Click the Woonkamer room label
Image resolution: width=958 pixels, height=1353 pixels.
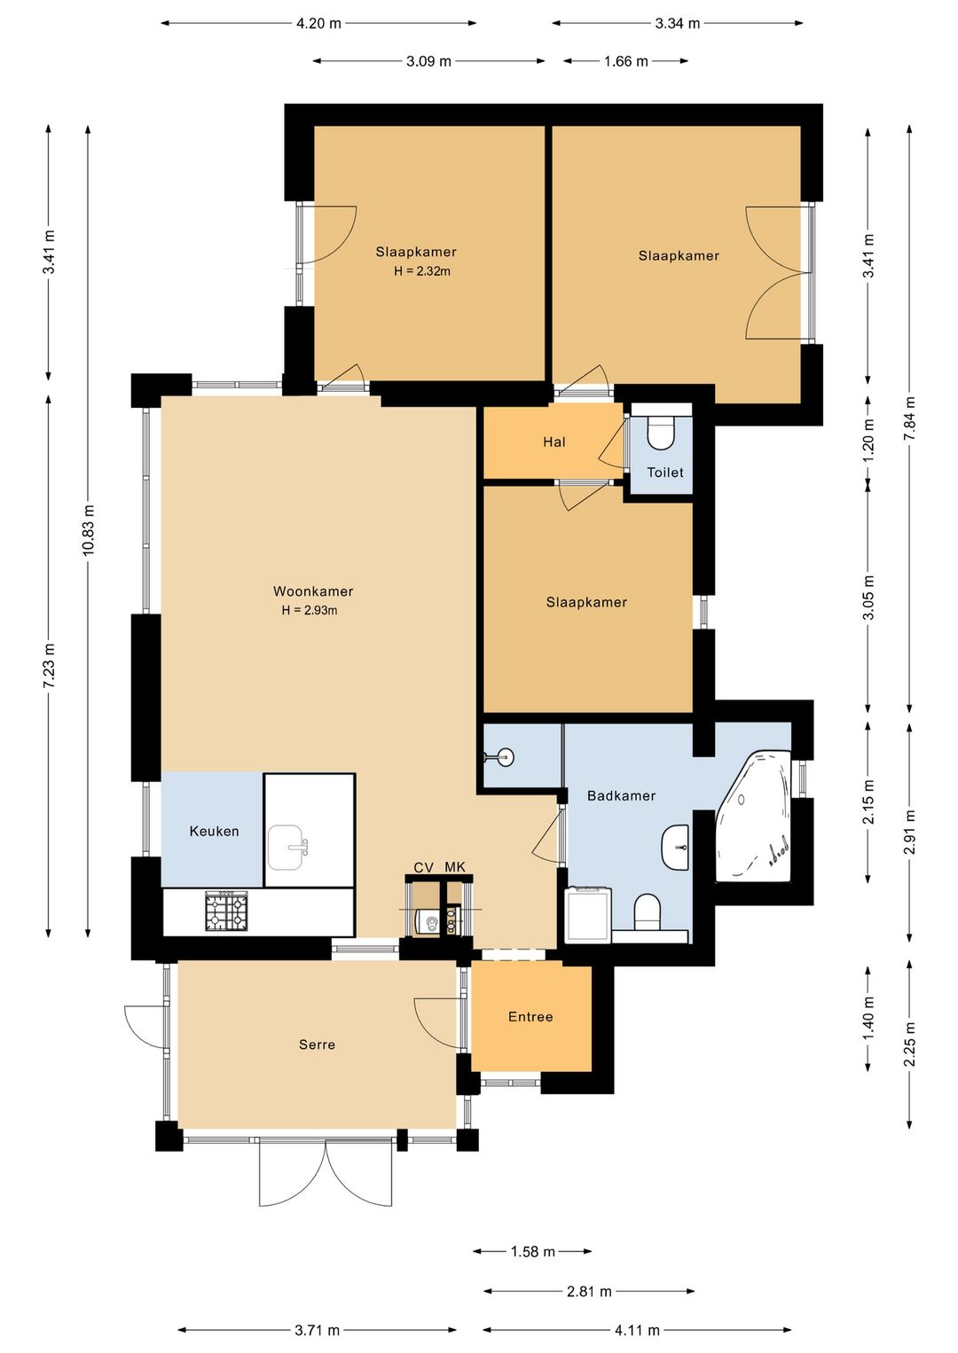tap(313, 591)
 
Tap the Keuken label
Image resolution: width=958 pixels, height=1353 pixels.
tap(214, 831)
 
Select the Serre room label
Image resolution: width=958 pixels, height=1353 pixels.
tap(317, 1044)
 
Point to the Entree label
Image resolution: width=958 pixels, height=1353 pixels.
tap(530, 1017)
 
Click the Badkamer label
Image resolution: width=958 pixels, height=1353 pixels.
tap(621, 795)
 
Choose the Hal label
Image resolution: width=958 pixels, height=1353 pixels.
tap(554, 442)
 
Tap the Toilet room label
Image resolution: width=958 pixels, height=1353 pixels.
tap(665, 472)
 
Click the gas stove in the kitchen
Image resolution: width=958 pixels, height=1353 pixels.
tap(227, 911)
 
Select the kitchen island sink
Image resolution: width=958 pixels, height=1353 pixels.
tap(287, 848)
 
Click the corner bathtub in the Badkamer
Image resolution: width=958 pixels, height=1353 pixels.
tap(753, 815)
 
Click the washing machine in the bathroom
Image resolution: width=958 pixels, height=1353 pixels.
tap(587, 914)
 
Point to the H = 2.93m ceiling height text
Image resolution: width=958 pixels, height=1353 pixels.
tap(310, 610)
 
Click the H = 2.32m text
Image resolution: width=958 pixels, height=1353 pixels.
tap(422, 271)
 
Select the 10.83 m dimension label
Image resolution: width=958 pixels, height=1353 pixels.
tap(88, 530)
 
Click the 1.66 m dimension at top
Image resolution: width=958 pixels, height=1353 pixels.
tap(625, 61)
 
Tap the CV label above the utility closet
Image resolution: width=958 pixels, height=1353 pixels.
tap(424, 867)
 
